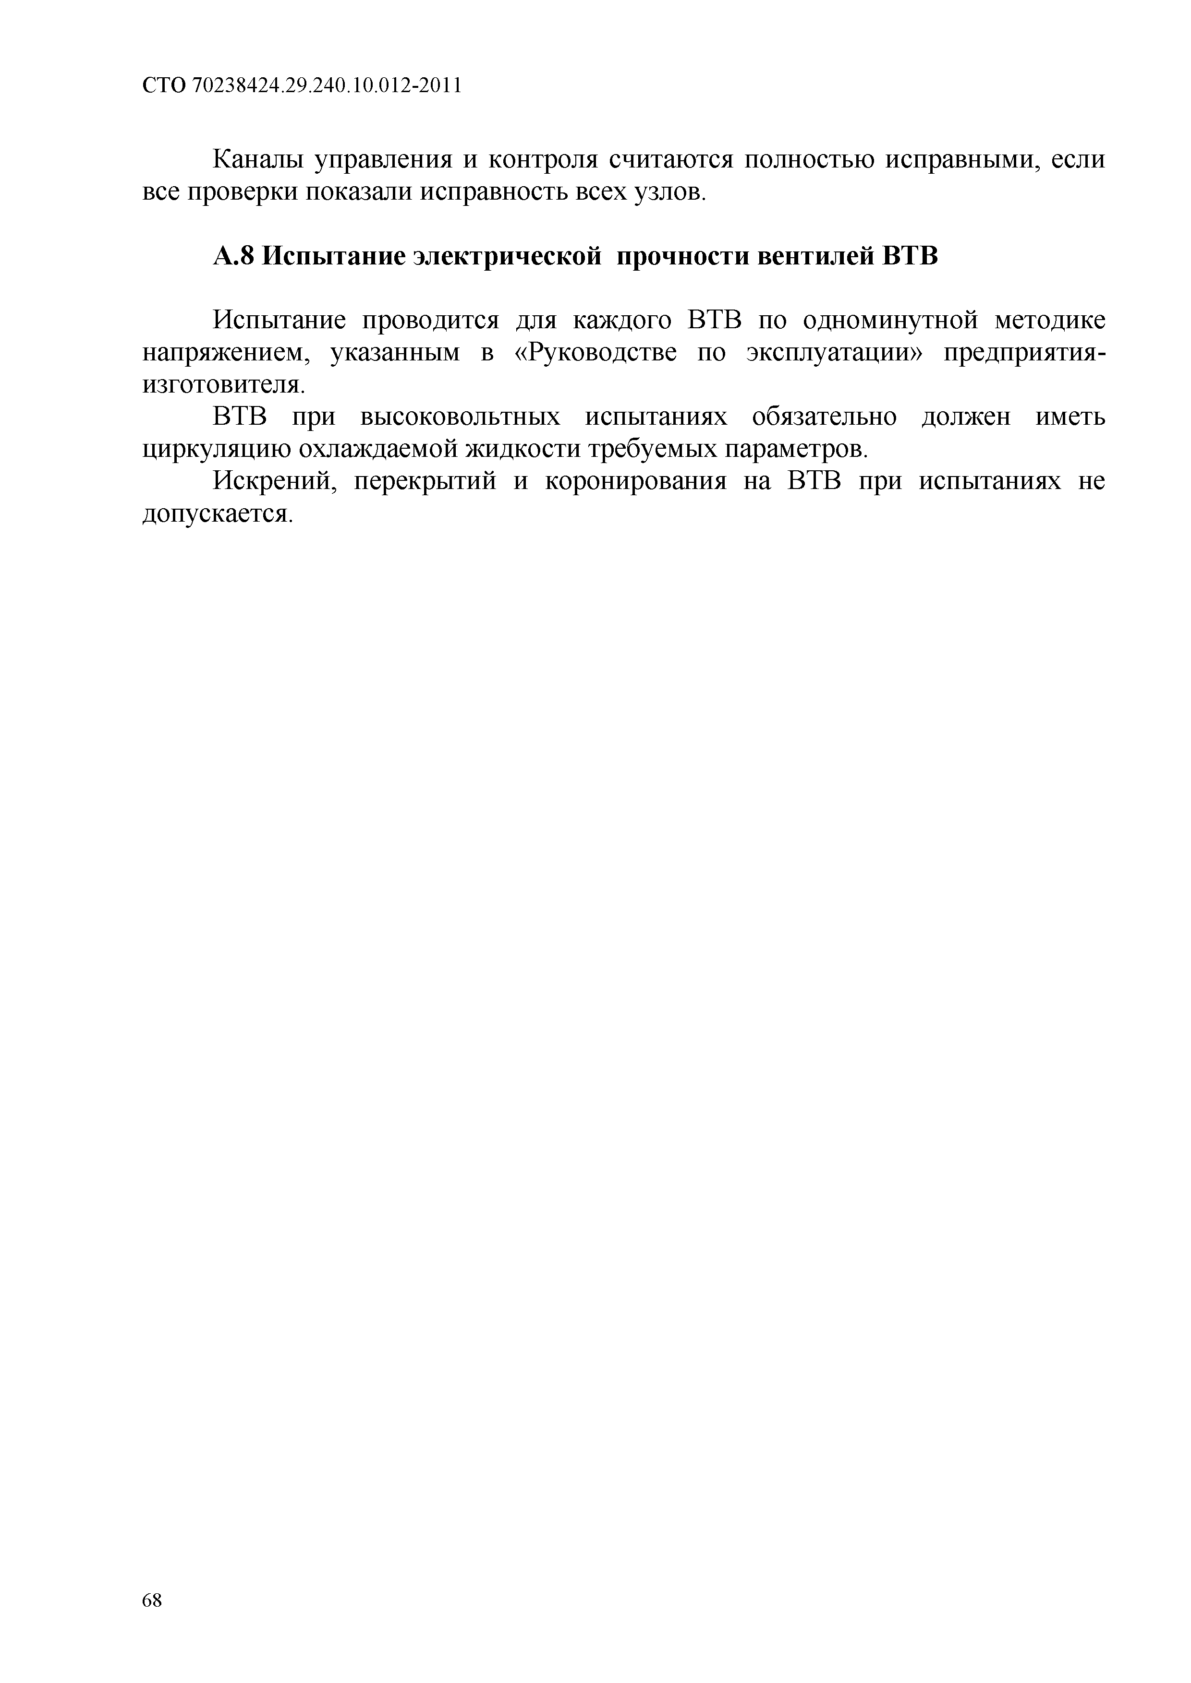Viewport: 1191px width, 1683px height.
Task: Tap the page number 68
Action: point(152,1621)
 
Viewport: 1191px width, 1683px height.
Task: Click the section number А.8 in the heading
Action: point(233,257)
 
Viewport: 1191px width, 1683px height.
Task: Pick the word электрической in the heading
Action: point(506,257)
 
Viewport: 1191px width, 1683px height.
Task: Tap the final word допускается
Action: point(217,514)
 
